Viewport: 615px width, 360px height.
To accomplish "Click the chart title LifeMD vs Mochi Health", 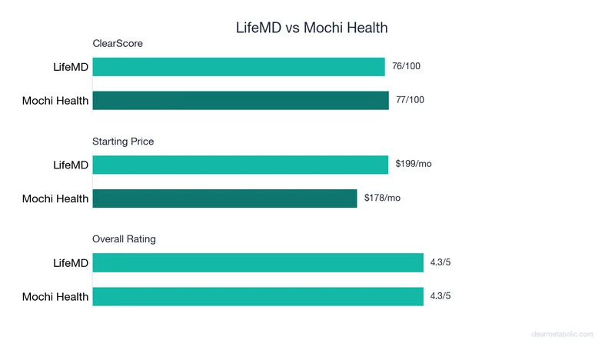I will (x=311, y=28).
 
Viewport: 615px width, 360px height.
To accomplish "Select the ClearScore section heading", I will (x=118, y=44).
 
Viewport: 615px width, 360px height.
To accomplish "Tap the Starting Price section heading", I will (x=123, y=142).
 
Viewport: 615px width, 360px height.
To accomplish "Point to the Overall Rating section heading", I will (x=124, y=239).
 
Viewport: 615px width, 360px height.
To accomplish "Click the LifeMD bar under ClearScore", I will (x=238, y=67).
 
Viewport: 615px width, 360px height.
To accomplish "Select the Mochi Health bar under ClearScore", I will (x=241, y=100).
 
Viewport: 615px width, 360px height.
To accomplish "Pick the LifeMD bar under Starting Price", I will (x=241, y=165).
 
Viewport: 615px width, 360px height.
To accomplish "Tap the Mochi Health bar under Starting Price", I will (x=224, y=198).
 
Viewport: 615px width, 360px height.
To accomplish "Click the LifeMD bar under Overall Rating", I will (x=258, y=262).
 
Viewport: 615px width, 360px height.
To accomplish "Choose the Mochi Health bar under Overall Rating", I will (x=258, y=296).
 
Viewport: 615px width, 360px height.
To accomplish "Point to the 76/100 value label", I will (x=406, y=67).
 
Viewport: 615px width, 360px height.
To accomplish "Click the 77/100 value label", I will (x=410, y=100).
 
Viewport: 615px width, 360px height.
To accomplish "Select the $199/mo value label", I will (x=414, y=165).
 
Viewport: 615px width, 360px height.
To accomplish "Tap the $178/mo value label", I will (x=383, y=198).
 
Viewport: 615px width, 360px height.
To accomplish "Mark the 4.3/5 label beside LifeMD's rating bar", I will (x=440, y=262).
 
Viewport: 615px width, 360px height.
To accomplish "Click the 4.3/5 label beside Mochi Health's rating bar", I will (x=440, y=296).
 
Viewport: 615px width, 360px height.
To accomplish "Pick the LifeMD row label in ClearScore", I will (x=71, y=67).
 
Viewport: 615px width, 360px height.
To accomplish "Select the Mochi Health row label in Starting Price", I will (x=55, y=198).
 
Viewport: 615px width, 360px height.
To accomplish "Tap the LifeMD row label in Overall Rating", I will (x=71, y=262).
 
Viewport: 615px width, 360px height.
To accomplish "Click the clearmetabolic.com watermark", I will (x=562, y=334).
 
